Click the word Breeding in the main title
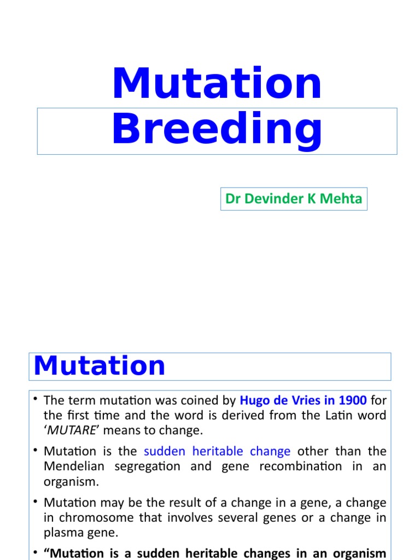pos(217,130)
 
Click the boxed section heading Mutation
pos(100,366)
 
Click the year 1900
pos(352,400)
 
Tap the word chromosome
pos(87,517)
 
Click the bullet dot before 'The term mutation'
pos(36,400)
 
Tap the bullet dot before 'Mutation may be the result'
pos(36,501)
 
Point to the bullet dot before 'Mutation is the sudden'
pos(36,451)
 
